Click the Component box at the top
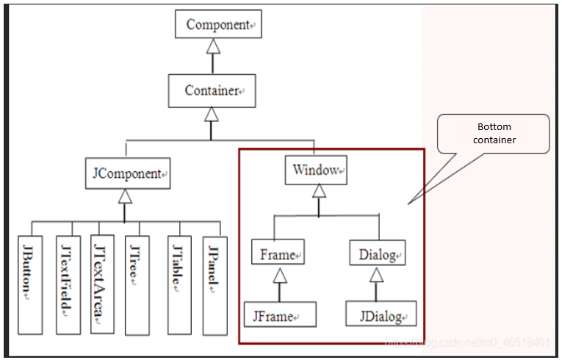tap(218, 24)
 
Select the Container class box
tap(212, 90)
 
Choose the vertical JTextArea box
tap(102, 283)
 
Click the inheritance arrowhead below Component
tap(212, 47)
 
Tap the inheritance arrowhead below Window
tap(318, 192)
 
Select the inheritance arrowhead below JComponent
tap(125, 196)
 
